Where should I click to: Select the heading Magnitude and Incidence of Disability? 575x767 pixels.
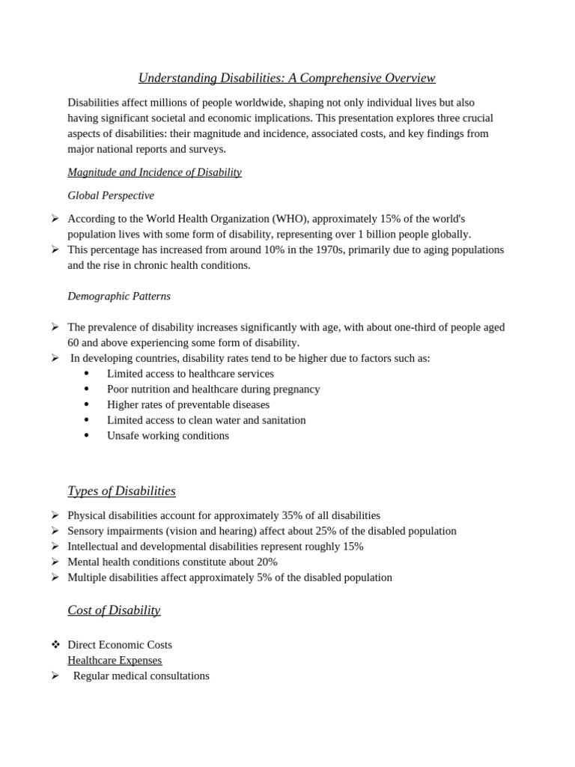tap(154, 172)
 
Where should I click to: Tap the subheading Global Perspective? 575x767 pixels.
tap(111, 195)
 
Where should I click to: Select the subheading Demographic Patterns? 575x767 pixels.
tap(119, 296)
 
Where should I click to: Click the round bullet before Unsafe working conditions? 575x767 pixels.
tap(87, 435)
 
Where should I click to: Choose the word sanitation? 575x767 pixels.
tap(281, 420)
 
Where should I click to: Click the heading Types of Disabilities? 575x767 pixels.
tap(121, 491)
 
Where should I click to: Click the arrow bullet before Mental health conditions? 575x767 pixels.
tap(55, 562)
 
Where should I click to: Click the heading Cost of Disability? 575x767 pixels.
tap(114, 610)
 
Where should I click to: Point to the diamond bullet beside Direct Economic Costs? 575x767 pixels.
tap(55, 645)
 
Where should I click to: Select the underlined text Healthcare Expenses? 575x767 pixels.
tap(115, 661)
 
